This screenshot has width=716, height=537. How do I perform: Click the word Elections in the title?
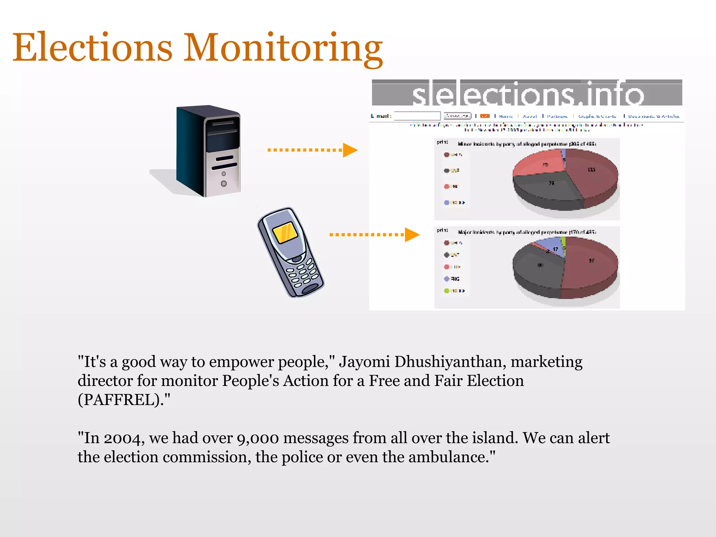(x=93, y=47)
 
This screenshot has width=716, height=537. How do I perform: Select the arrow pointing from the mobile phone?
(x=374, y=235)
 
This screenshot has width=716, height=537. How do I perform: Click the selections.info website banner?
(x=527, y=93)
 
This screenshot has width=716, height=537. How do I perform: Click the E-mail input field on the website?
(x=417, y=116)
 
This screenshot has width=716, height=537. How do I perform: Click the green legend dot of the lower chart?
(x=446, y=291)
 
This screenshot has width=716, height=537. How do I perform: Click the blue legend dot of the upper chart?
(x=446, y=202)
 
